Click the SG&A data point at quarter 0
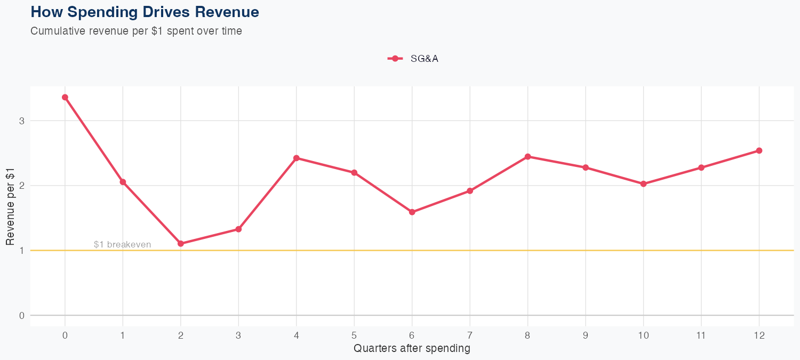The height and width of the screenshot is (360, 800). pyautogui.click(x=65, y=97)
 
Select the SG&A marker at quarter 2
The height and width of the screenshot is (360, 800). pyautogui.click(x=181, y=243)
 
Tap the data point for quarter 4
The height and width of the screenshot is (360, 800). pyautogui.click(x=297, y=158)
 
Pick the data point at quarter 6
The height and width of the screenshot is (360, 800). pyautogui.click(x=412, y=212)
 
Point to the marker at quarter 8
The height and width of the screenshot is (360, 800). pyautogui.click(x=527, y=156)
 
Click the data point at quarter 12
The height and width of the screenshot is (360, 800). pyautogui.click(x=759, y=150)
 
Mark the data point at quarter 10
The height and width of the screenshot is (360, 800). pyautogui.click(x=643, y=183)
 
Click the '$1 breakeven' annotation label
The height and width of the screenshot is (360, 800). pyautogui.click(x=122, y=244)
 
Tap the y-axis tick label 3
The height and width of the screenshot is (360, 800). pyautogui.click(x=22, y=121)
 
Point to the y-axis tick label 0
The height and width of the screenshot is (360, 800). pyautogui.click(x=22, y=315)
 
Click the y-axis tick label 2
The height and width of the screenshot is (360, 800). pyautogui.click(x=22, y=186)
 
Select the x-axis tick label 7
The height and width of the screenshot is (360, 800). pyautogui.click(x=470, y=335)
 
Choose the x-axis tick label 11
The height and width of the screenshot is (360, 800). pyautogui.click(x=701, y=335)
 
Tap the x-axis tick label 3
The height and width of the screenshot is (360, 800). pyautogui.click(x=238, y=335)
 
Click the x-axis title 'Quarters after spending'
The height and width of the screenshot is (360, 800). pyautogui.click(x=412, y=349)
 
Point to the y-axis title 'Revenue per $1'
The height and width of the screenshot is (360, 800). pyautogui.click(x=10, y=206)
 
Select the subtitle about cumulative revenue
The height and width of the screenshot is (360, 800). pyautogui.click(x=137, y=31)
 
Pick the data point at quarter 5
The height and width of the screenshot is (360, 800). pyautogui.click(x=354, y=172)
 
